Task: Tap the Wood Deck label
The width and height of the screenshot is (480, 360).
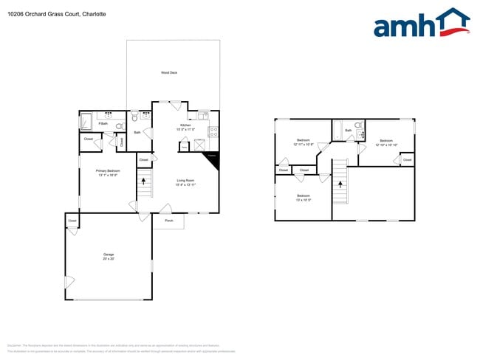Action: (169, 72)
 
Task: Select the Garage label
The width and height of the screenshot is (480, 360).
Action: (108, 255)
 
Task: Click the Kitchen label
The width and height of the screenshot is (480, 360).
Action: (185, 125)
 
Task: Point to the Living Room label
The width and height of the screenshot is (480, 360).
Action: (185, 180)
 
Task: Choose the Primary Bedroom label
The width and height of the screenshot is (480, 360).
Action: (108, 170)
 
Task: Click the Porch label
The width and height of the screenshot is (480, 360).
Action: (168, 221)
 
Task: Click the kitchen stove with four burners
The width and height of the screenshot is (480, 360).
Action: (213, 132)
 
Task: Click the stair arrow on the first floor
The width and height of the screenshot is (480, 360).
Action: (145, 182)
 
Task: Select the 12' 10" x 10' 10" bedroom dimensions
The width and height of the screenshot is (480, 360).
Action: (386, 145)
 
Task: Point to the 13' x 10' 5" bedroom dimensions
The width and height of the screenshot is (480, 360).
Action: (303, 199)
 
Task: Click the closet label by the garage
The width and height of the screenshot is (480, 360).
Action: (72, 221)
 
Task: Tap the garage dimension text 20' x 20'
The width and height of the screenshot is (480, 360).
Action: (108, 259)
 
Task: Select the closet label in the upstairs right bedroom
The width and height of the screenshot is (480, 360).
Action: (407, 159)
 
